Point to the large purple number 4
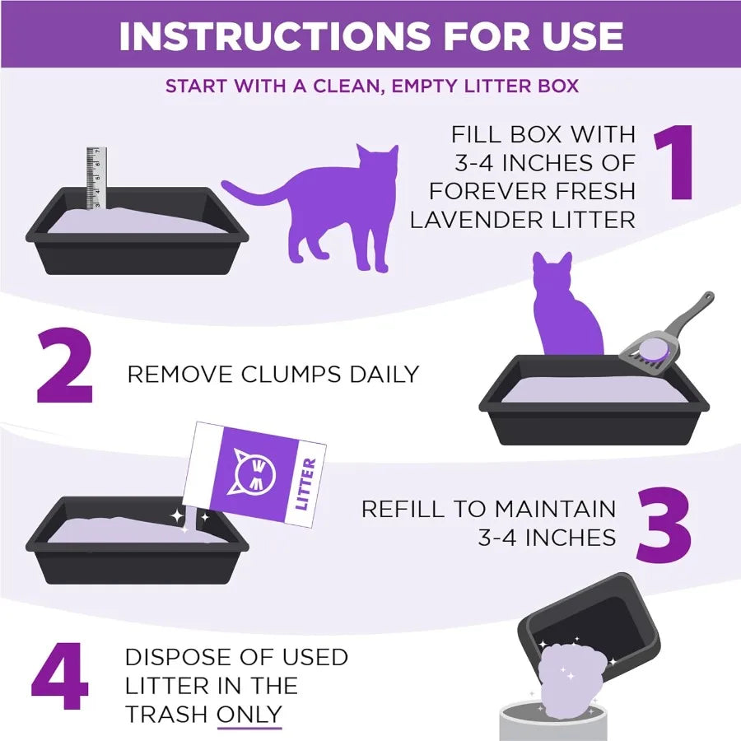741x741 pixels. click(x=60, y=679)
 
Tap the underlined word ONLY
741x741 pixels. click(x=249, y=714)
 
